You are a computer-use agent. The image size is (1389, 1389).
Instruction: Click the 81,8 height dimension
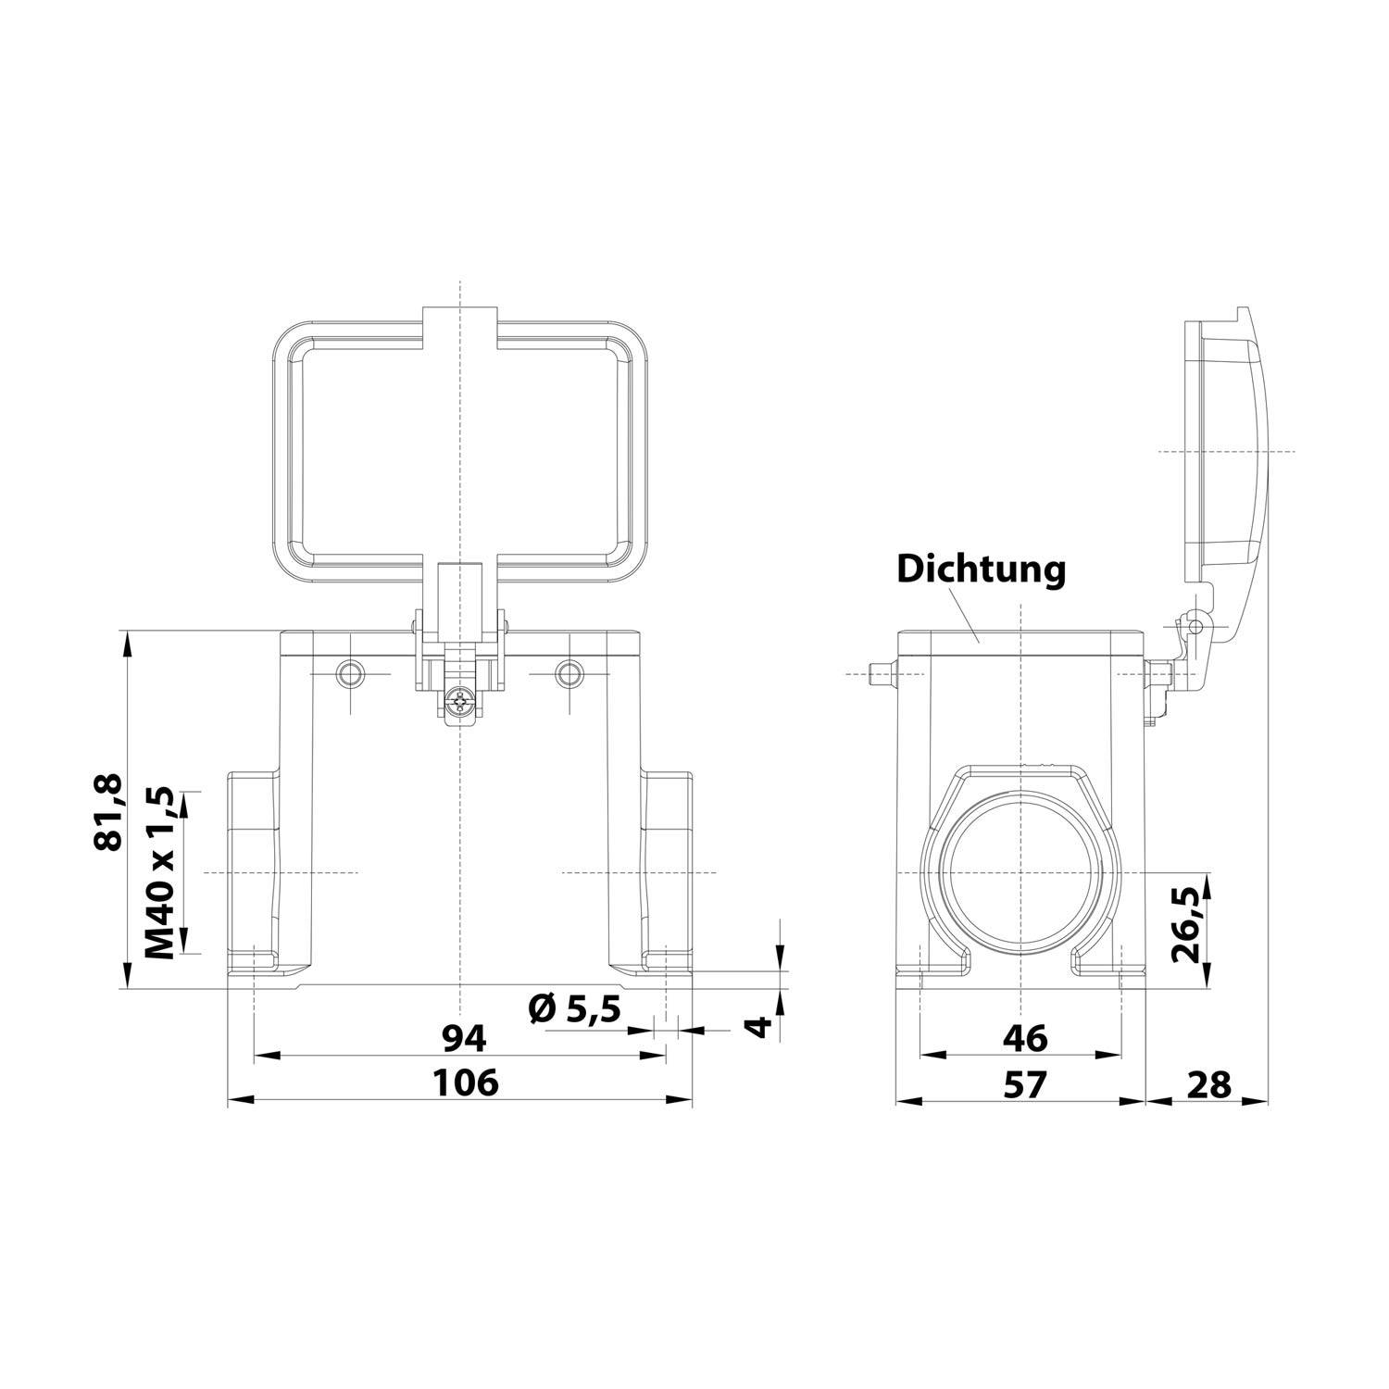[x=108, y=813]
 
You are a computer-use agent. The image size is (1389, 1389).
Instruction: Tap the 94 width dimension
[x=463, y=1039]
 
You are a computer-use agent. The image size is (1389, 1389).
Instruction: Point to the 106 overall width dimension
[x=465, y=1082]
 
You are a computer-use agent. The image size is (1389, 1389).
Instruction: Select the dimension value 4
[x=758, y=1025]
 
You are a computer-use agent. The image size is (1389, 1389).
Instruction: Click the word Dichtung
[x=981, y=569]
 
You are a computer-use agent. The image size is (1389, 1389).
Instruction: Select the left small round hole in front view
[x=351, y=673]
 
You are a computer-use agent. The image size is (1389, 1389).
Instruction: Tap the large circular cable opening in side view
[x=1020, y=873]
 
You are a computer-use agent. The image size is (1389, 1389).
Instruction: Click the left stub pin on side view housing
[x=882, y=674]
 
